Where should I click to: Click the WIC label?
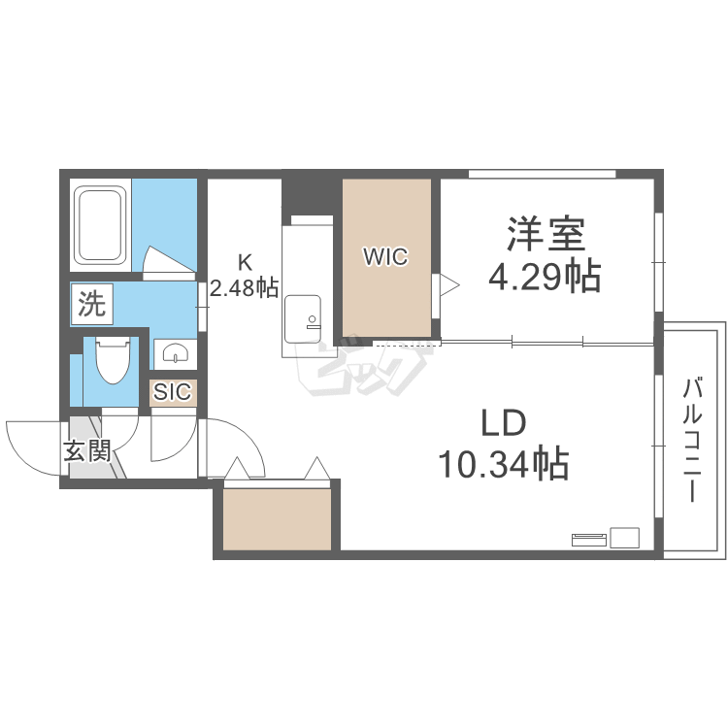click(x=385, y=256)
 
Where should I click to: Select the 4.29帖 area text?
click(x=544, y=278)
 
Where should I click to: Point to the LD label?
click(x=503, y=423)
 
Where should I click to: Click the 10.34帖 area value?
click(x=502, y=466)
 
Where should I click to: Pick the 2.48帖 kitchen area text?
click(x=245, y=287)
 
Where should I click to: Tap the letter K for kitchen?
click(x=246, y=261)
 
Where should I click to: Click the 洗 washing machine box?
click(x=90, y=306)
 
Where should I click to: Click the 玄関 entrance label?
click(x=87, y=451)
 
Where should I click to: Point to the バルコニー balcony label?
click(x=692, y=439)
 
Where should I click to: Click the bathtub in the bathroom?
click(x=101, y=225)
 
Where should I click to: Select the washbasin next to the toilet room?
click(x=175, y=351)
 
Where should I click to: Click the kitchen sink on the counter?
click(x=307, y=312)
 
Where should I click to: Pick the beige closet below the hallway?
click(x=277, y=518)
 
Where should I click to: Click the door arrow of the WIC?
click(x=447, y=284)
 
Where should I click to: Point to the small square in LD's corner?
click(x=624, y=538)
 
